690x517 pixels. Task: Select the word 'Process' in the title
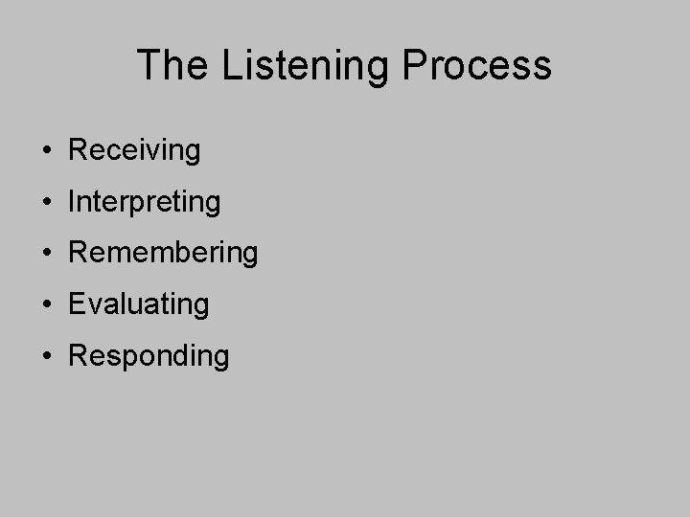tap(477, 65)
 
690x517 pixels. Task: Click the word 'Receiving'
tap(135, 150)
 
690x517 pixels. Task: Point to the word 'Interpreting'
tap(145, 202)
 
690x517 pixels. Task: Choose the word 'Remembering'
tap(163, 253)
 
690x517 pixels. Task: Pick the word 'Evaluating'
tap(139, 304)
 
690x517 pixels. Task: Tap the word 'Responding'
tap(149, 356)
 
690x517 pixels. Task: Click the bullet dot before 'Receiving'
tap(46, 151)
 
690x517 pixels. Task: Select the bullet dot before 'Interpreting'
tap(46, 202)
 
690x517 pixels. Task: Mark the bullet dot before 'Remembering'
tap(46, 254)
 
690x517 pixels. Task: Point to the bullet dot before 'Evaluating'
tap(46, 304)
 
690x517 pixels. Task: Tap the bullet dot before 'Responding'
tap(46, 356)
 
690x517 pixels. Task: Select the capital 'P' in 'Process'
tap(416, 65)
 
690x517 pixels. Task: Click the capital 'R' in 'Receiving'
tap(80, 150)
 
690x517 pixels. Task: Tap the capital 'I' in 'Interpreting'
tap(73, 201)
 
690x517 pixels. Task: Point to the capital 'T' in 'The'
tap(149, 65)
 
